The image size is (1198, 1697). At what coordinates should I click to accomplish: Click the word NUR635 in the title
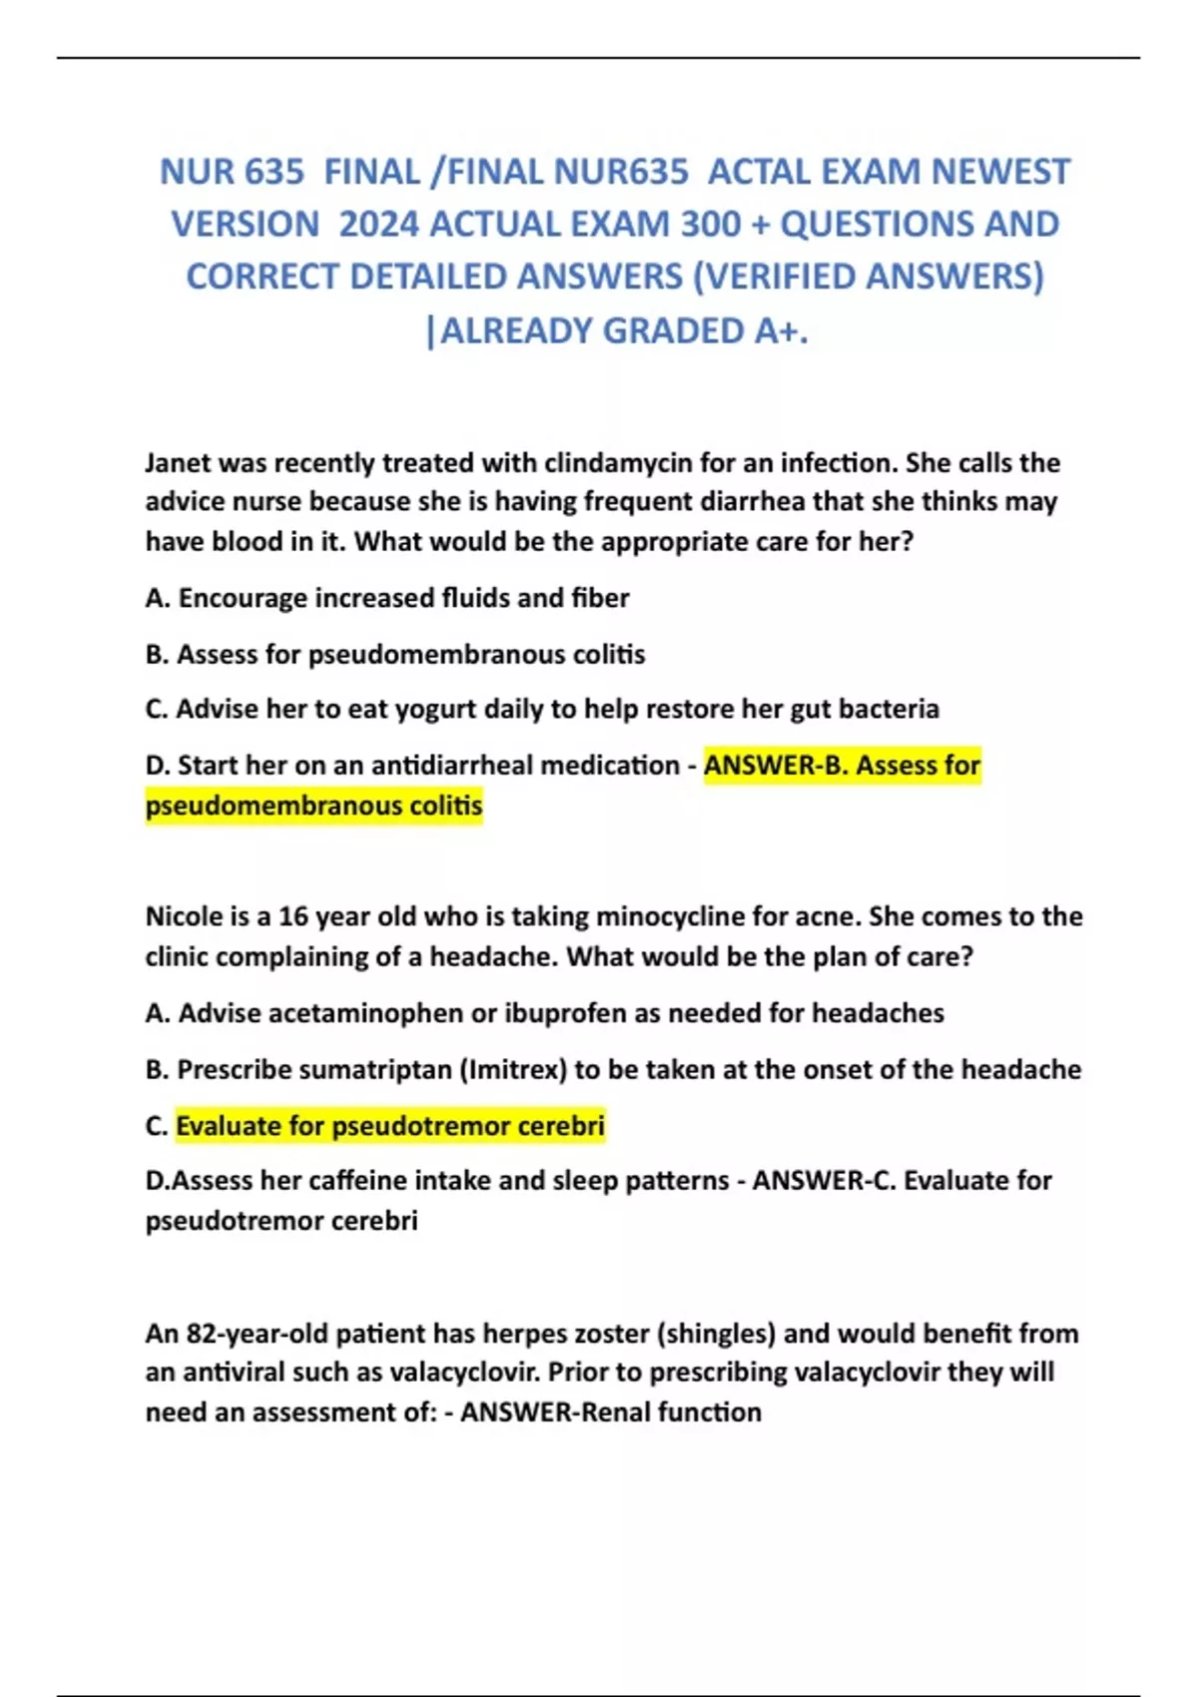pos(621,172)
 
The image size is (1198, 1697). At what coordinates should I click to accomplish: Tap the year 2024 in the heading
pos(378,225)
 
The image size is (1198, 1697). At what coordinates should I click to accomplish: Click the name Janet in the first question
pos(178,463)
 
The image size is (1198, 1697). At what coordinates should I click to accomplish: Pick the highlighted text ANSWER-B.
pos(775,766)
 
